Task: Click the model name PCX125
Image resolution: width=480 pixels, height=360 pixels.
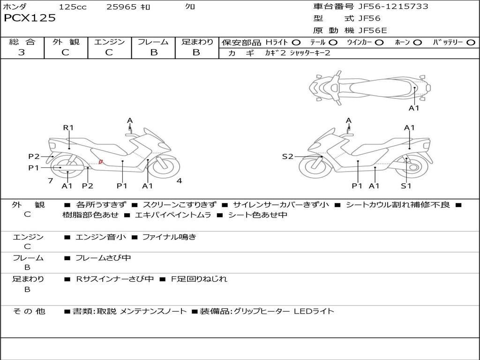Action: (x=30, y=18)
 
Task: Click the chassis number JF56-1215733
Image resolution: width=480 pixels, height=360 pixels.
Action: (x=387, y=7)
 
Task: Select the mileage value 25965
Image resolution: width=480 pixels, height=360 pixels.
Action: (x=121, y=7)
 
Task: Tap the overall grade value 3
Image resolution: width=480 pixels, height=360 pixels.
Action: (x=22, y=52)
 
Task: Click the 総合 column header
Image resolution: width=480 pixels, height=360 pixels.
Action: (x=22, y=42)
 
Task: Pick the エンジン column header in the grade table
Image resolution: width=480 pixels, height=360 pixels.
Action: (x=109, y=42)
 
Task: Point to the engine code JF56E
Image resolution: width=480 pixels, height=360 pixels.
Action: (x=373, y=30)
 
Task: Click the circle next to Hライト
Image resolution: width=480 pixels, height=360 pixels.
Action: (x=296, y=43)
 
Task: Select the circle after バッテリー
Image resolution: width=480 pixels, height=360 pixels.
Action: (x=471, y=43)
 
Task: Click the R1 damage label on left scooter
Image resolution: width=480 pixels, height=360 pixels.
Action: (x=68, y=127)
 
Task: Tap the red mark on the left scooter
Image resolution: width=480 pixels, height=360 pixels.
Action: (x=100, y=162)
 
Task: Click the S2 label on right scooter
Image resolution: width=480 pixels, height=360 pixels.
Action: (x=287, y=157)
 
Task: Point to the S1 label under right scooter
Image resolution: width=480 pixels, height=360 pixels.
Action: (x=406, y=186)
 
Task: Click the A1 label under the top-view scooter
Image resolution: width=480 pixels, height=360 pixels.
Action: (x=414, y=108)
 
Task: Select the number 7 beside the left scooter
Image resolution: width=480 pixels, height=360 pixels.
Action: (x=50, y=180)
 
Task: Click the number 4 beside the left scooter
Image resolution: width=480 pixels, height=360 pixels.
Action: (x=179, y=180)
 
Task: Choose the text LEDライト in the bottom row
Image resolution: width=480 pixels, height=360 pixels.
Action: (x=314, y=311)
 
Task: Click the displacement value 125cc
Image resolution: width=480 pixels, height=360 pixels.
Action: (x=73, y=7)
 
